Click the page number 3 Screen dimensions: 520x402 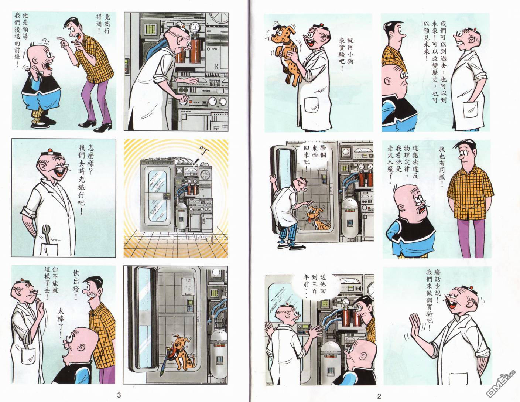coord(119,395)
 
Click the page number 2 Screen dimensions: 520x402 coord(379,396)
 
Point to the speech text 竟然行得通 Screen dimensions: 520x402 coord(103,24)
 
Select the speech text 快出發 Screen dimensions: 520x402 coord(76,285)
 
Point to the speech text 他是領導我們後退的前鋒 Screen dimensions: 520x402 coord(21,40)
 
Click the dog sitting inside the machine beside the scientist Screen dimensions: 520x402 coord(317,218)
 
